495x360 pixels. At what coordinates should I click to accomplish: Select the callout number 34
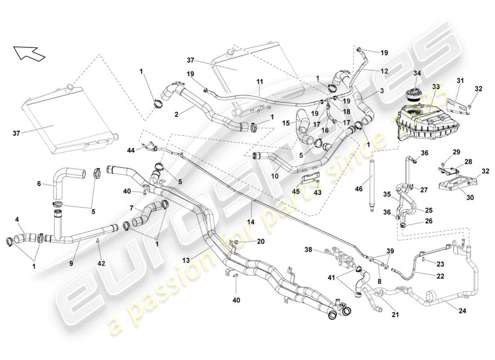pyautogui.click(x=417, y=73)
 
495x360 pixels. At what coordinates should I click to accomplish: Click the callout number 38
pyautogui.click(x=308, y=248)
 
